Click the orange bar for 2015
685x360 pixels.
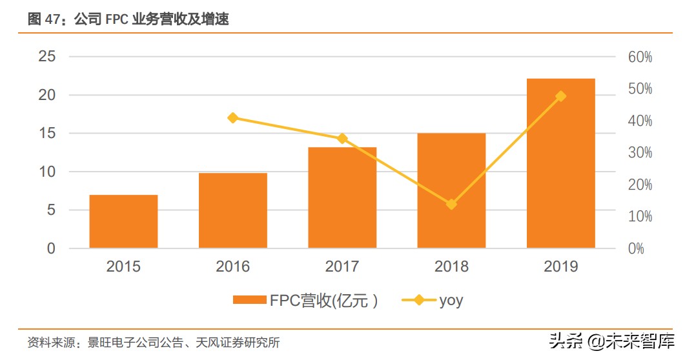[x=123, y=221]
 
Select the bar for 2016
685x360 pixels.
[x=233, y=210]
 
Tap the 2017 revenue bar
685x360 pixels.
[x=342, y=197]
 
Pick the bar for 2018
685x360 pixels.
[x=451, y=190]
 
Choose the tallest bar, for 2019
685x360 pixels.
[x=560, y=163]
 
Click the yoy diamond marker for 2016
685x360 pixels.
[x=233, y=117]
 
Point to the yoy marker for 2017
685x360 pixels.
[x=342, y=139]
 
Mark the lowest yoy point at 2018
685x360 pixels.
[x=451, y=204]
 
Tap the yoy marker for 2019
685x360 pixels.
[x=560, y=96]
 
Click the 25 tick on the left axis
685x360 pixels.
[x=47, y=57]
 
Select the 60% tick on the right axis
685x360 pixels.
[x=640, y=57]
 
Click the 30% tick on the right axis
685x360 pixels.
[x=640, y=153]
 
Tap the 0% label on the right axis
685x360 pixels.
[x=636, y=248]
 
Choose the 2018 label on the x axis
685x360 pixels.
[x=451, y=266]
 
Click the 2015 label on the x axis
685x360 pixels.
[x=123, y=266]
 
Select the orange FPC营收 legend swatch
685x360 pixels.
[x=249, y=300]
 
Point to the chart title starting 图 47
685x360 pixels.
[x=128, y=19]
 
